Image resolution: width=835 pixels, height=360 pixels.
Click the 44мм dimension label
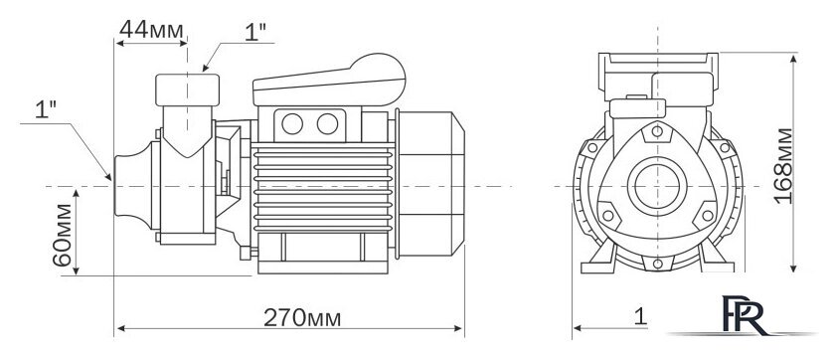coord(151,30)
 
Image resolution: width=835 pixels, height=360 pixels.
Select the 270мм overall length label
coord(302,318)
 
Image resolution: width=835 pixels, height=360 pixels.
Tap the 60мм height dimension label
coord(63,235)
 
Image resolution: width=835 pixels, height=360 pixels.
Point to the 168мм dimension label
coord(783,166)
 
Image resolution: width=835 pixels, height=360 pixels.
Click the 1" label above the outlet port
coord(255,33)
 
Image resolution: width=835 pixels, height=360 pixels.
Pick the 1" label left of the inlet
coord(46,109)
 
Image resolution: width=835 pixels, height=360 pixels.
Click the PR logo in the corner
coord(744,315)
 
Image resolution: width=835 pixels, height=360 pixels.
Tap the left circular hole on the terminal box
coord(292,124)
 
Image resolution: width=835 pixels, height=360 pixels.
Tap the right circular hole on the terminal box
coord(327,124)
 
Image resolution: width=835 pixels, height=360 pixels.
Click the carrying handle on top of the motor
coord(329,82)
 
